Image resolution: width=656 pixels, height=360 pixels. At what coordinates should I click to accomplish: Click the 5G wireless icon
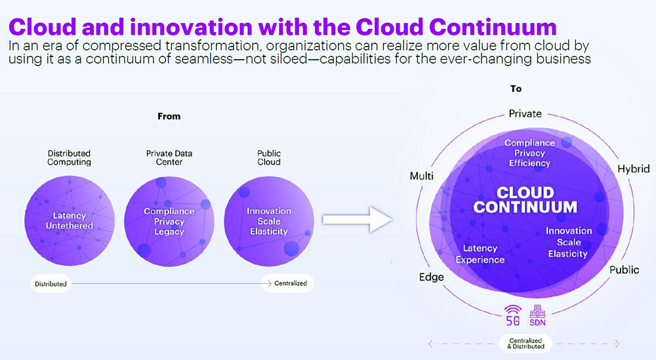click(x=513, y=315)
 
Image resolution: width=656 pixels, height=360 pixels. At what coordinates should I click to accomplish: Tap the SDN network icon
click(x=538, y=315)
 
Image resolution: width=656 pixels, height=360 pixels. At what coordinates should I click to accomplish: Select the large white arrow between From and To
click(x=358, y=219)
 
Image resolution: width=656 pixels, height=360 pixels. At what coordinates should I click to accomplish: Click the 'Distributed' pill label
click(x=51, y=284)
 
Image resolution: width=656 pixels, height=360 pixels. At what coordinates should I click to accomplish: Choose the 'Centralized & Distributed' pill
click(x=525, y=344)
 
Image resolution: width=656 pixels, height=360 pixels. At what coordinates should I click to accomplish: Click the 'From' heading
click(x=169, y=116)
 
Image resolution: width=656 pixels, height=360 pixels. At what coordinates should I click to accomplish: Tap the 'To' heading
click(x=516, y=89)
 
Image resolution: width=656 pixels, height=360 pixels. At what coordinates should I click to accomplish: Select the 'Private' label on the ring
click(x=525, y=113)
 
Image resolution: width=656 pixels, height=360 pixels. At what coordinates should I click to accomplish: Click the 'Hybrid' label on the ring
click(x=634, y=169)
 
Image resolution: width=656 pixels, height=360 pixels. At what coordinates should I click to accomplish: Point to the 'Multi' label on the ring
click(x=422, y=176)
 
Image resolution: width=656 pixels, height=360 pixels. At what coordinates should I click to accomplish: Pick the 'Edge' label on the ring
click(x=432, y=277)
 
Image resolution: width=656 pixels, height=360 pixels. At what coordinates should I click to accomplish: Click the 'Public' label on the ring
click(x=625, y=270)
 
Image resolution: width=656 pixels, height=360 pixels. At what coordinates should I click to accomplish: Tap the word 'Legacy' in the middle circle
click(x=169, y=231)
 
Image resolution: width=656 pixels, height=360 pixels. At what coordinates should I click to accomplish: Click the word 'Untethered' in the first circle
click(x=70, y=226)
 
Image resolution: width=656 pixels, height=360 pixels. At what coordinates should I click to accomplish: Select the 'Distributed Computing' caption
click(x=69, y=157)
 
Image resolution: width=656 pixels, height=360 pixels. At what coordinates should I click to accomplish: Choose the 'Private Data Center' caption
click(x=169, y=157)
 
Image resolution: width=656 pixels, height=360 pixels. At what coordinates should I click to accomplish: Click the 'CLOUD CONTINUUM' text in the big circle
click(x=525, y=200)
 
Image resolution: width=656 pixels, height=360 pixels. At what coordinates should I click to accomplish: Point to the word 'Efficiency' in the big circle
click(x=529, y=163)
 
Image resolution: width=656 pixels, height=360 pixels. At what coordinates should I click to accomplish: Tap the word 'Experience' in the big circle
click(x=480, y=260)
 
